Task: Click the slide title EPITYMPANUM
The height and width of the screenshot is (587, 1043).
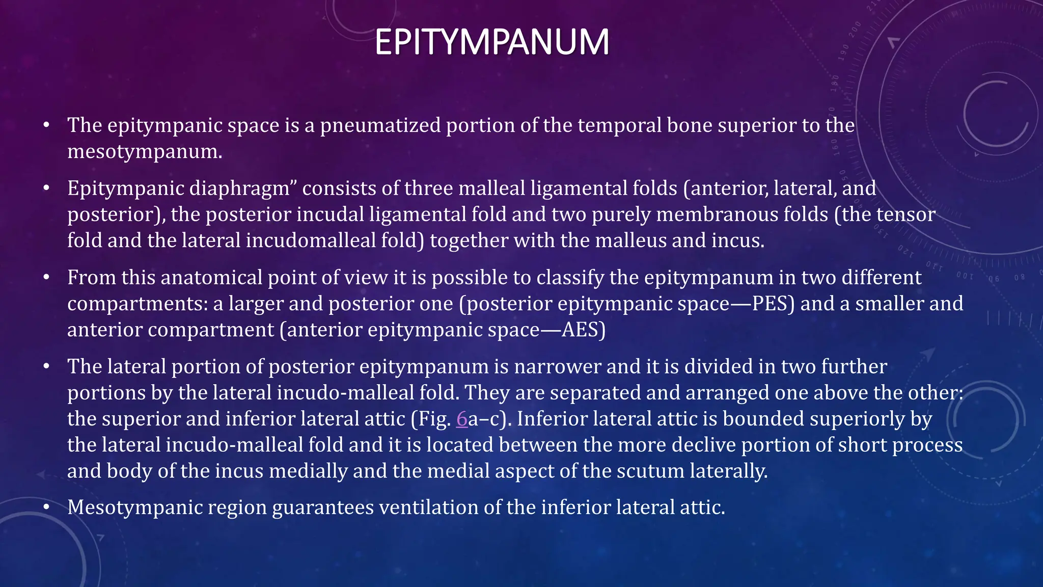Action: [491, 42]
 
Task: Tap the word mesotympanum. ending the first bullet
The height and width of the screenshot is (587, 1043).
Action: [145, 151]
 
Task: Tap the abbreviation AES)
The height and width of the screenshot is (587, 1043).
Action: [584, 330]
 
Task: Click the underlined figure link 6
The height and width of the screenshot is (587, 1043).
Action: [461, 419]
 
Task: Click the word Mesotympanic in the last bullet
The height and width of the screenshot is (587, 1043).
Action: [135, 508]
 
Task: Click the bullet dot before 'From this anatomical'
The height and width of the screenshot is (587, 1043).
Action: [46, 278]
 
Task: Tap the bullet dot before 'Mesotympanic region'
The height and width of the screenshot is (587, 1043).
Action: [46, 508]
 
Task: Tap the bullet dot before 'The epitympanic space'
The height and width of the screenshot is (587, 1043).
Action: [46, 125]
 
